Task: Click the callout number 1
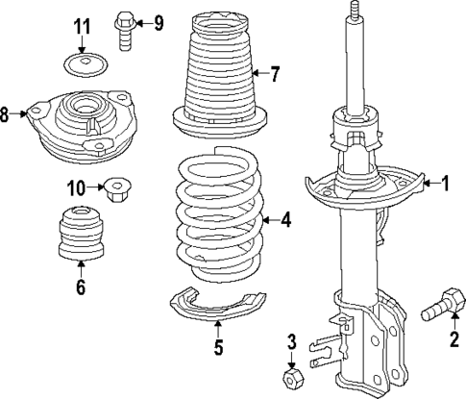pyautogui.click(x=444, y=182)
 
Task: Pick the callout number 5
pyautogui.click(x=218, y=347)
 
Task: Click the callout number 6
pyautogui.click(x=81, y=287)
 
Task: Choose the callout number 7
pyautogui.click(x=275, y=72)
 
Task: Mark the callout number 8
pyautogui.click(x=7, y=115)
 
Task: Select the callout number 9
pyautogui.click(x=158, y=22)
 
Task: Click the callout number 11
pyautogui.click(x=83, y=24)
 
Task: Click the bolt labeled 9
pyautogui.click(x=124, y=28)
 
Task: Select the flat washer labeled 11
pyautogui.click(x=83, y=66)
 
